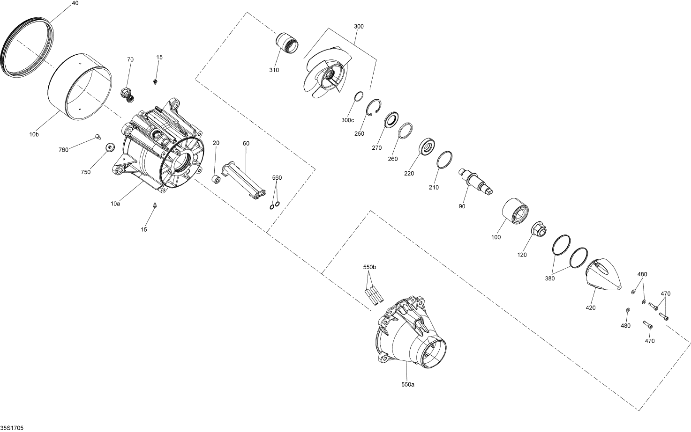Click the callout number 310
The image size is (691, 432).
(274, 70)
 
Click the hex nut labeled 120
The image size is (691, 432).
(538, 230)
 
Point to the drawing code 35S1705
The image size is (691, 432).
(12, 428)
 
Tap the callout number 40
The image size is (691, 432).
(75, 3)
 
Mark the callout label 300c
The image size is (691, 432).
(347, 120)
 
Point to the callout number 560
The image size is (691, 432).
(277, 178)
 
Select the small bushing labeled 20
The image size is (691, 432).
(217, 180)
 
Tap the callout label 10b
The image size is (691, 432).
(34, 134)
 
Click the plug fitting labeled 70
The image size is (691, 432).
(128, 93)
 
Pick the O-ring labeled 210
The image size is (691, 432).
(444, 160)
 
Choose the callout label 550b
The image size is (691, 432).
(369, 267)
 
